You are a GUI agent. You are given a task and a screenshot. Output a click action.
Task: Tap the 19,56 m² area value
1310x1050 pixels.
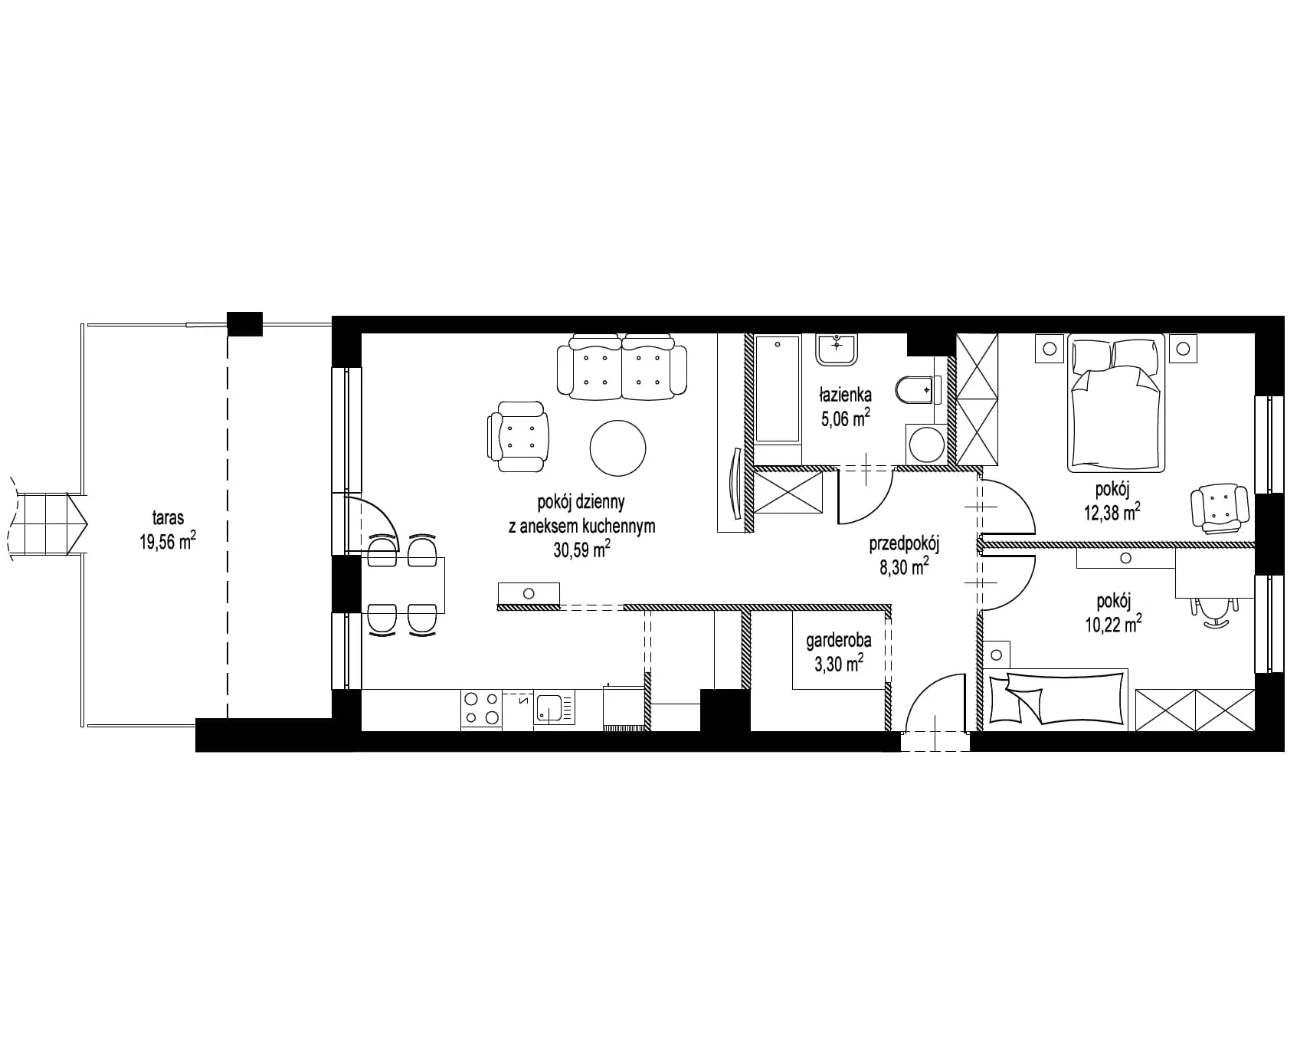(x=167, y=542)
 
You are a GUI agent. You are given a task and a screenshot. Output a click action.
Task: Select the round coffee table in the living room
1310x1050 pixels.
(x=617, y=448)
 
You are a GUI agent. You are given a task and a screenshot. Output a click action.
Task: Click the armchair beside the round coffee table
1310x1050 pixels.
(x=518, y=437)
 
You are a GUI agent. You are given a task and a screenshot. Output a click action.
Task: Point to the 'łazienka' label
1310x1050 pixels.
(x=845, y=395)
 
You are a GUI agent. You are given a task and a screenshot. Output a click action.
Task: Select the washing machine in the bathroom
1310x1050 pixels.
(x=926, y=443)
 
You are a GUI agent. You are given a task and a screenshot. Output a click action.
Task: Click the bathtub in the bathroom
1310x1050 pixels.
(x=778, y=389)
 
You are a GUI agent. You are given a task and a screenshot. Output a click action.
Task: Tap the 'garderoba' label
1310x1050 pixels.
(x=838, y=641)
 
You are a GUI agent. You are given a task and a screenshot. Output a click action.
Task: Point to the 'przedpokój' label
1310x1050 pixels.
(x=904, y=544)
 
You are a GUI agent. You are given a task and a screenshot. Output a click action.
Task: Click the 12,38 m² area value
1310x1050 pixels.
(x=1112, y=512)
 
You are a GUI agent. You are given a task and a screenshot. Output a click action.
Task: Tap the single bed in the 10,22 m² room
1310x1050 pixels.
(x=1058, y=697)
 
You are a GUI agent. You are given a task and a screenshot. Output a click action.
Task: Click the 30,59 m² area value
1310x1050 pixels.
(x=581, y=549)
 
